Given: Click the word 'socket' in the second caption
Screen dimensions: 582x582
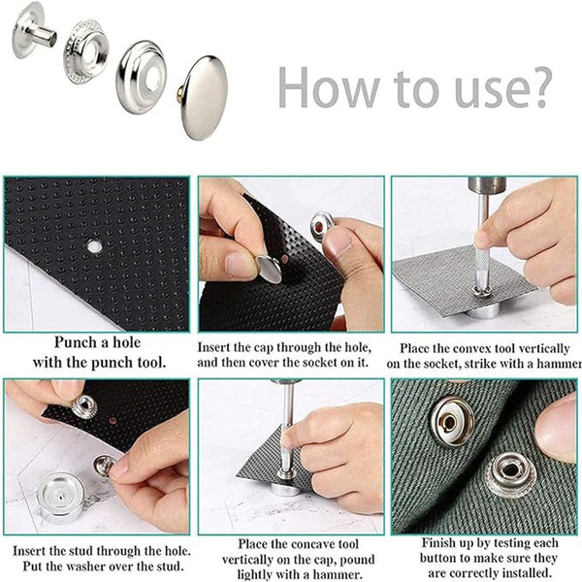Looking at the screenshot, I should coord(326,362).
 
